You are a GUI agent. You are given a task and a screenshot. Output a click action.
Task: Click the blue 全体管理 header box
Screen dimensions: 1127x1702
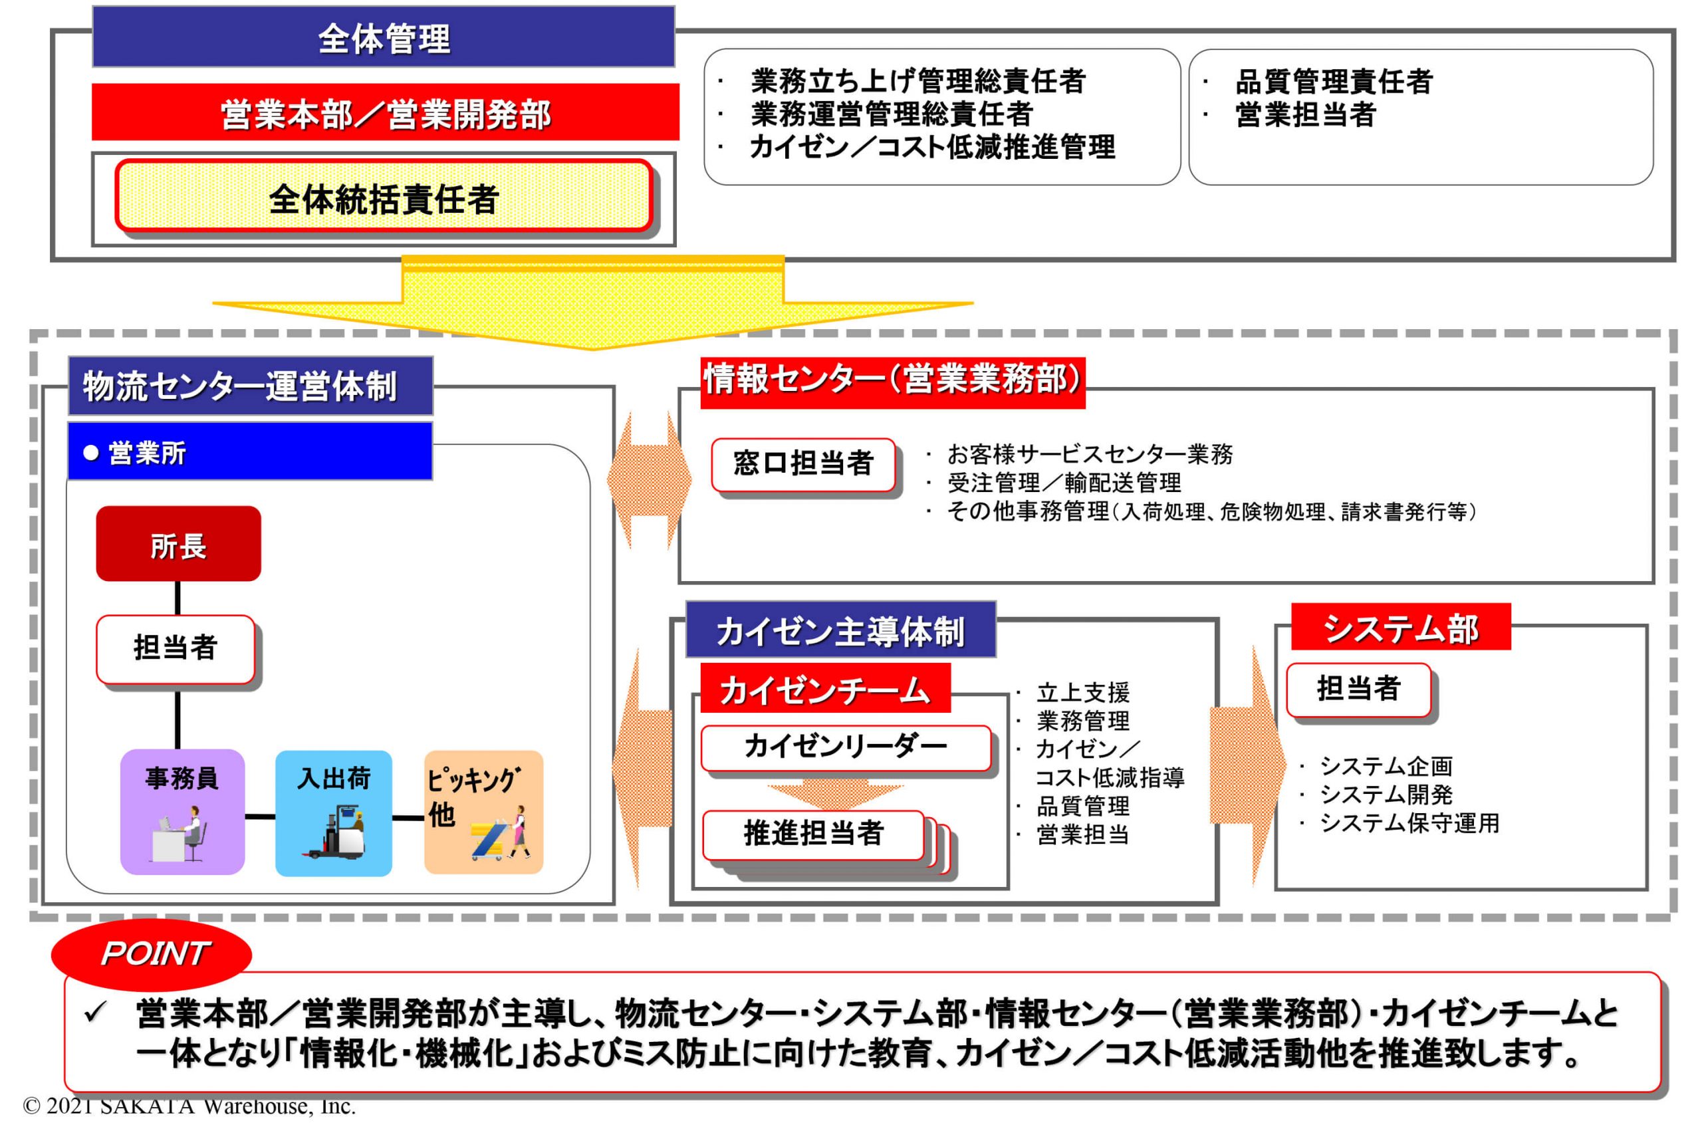(383, 37)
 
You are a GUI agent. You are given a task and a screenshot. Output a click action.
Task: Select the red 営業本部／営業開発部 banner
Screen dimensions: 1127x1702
(385, 113)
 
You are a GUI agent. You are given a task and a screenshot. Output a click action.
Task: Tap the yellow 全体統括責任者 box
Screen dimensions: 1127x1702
(384, 197)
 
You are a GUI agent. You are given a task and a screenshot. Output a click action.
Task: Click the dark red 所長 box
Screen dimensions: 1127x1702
(178, 544)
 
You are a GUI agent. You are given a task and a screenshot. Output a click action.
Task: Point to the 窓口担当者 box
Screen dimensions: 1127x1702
(803, 463)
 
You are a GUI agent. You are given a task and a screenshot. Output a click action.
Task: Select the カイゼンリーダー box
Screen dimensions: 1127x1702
(845, 747)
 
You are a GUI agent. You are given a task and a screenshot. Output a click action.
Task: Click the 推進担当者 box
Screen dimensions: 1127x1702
(813, 834)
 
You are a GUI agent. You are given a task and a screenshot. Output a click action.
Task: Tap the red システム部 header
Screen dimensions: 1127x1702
(1400, 628)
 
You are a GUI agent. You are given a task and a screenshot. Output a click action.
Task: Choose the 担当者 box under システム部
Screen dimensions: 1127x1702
(1358, 689)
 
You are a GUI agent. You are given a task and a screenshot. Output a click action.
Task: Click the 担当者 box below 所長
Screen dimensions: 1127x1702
(176, 648)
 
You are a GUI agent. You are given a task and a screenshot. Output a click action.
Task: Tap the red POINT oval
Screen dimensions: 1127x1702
(152, 953)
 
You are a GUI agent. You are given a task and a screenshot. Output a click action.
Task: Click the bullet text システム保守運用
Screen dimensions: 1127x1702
(1409, 823)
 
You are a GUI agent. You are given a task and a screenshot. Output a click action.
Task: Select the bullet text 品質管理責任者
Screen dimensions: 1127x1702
(1333, 82)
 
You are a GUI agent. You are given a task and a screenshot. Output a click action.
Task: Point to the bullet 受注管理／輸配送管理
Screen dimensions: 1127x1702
(1064, 482)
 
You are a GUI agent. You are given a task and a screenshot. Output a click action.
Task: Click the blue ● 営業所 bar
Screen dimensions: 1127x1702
(250, 451)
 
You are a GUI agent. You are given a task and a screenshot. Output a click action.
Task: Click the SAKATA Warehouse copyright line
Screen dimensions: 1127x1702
(189, 1106)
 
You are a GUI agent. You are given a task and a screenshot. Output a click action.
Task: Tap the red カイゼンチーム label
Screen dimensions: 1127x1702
(824, 690)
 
